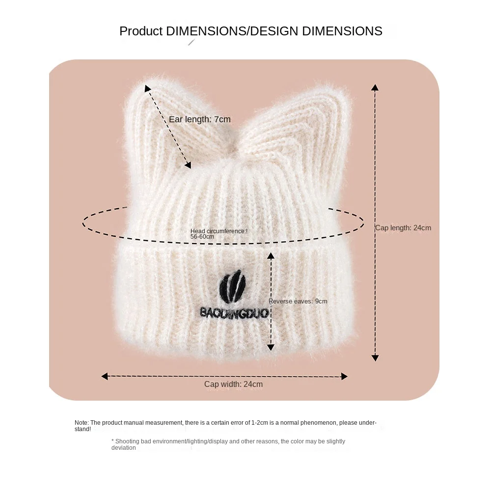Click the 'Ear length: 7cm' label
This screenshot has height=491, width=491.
coord(199,119)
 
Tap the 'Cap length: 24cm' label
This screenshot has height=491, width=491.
coord(403,228)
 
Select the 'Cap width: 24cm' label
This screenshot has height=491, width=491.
coord(233,384)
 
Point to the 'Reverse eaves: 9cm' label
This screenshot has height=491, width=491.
coord(298,301)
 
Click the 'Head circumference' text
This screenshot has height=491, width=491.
coord(218,231)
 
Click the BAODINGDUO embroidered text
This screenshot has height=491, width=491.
coord(234,312)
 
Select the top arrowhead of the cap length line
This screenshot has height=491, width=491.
coord(375,87)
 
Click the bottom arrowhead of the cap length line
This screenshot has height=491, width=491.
coord(375,358)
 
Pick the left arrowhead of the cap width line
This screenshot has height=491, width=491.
coord(104,377)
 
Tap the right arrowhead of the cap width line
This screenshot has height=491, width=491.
coord(344,377)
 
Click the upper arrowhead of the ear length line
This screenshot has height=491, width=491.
coord(147,88)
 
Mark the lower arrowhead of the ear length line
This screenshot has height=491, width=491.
coord(188,165)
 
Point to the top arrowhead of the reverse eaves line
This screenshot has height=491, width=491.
coord(271,255)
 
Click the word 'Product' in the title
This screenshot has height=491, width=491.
coord(141,31)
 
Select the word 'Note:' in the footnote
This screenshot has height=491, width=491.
coord(82,423)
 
